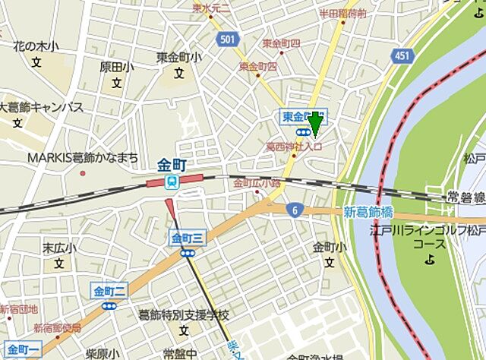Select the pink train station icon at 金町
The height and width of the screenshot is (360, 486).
click(172, 182)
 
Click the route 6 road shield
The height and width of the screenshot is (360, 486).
click(292, 209)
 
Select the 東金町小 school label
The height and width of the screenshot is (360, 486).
click(179, 58)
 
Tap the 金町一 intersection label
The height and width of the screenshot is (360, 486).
click(19, 349)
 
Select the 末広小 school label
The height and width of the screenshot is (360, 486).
click(58, 248)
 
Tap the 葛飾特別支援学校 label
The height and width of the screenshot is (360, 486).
click(183, 314)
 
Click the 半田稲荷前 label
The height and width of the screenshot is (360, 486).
click(342, 14)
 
